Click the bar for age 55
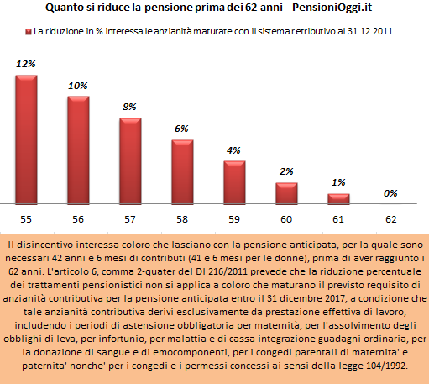(x=26, y=139)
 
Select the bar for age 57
(x=130, y=161)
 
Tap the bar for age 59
(x=234, y=182)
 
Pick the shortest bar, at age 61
(x=338, y=199)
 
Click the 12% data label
(x=26, y=64)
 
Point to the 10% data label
(x=78, y=86)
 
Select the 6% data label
(x=181, y=129)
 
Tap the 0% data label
(x=390, y=193)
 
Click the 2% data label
(x=286, y=171)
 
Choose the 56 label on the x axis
(x=78, y=219)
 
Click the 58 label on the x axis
(x=182, y=219)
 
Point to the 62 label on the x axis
(x=391, y=219)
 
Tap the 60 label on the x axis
(x=286, y=219)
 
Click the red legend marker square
(x=29, y=32)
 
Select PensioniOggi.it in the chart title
(x=332, y=8)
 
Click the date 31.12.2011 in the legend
(x=370, y=31)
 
